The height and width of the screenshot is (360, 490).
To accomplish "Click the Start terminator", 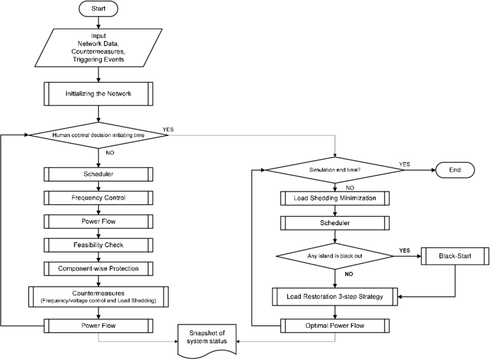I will click(x=98, y=9).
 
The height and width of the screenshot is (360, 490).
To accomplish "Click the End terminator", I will click(x=455, y=170).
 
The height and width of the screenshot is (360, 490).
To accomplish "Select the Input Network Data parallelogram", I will click(x=99, y=48).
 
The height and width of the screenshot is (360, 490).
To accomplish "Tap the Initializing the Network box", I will click(x=99, y=93).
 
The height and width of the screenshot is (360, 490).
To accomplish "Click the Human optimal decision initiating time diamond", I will click(x=99, y=135).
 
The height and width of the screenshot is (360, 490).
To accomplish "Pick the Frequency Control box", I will click(x=99, y=198).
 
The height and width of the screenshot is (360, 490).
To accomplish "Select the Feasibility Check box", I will click(x=99, y=245).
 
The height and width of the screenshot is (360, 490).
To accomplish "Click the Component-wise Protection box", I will click(x=99, y=268).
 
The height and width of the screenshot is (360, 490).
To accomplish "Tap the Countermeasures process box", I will click(x=99, y=297).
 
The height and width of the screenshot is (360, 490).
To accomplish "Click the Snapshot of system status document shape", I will click(x=207, y=338).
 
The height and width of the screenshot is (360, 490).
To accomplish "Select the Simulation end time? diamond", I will click(x=335, y=170).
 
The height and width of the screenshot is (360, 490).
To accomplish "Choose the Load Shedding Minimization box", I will click(x=335, y=198).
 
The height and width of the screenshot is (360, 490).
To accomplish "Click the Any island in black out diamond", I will click(x=335, y=256).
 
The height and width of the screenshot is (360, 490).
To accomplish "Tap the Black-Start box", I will click(x=455, y=256).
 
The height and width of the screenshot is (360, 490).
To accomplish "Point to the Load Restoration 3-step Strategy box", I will click(x=335, y=297).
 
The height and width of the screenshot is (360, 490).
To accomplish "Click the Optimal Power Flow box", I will click(x=335, y=325).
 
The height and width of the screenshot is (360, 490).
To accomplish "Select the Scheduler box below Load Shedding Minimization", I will click(x=335, y=223).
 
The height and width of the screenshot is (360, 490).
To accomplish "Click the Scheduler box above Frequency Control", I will click(x=99, y=174).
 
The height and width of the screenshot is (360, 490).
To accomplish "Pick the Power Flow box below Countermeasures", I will click(x=99, y=325).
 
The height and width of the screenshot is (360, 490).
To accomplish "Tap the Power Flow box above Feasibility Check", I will click(x=99, y=221).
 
